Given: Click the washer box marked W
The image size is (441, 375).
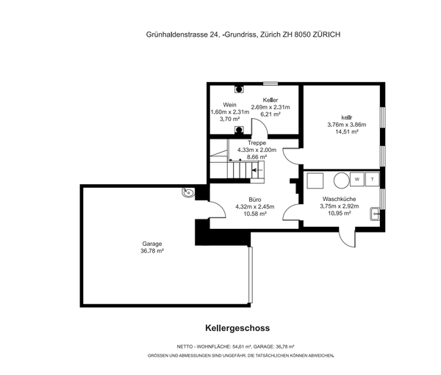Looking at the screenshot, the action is click(x=357, y=179).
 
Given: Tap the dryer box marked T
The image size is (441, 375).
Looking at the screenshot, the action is click(x=373, y=179).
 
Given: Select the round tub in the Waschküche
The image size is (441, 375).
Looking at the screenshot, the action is click(x=342, y=181).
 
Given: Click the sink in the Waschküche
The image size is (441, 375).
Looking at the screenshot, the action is click(x=375, y=214).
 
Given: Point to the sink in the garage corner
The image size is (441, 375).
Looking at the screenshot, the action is click(x=188, y=192).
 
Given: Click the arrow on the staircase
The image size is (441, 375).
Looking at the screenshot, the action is click(x=257, y=170).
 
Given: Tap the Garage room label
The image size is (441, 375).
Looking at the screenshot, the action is click(x=152, y=244).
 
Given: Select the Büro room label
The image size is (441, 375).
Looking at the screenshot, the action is click(x=255, y=200).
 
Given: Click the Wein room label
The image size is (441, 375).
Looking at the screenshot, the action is click(x=229, y=105).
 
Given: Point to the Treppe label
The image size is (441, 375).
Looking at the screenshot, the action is click(x=257, y=142).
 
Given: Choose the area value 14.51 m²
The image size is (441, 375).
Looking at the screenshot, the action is click(x=347, y=132).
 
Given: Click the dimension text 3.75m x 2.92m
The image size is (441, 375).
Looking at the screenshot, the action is click(x=339, y=206).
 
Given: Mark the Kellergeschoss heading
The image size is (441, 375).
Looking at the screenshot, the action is click(x=237, y=328).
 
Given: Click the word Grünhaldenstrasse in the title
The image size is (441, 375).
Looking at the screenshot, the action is click(x=177, y=34).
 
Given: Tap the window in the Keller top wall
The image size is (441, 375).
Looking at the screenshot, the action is click(x=270, y=84).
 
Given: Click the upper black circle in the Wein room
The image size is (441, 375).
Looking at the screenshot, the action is click(x=239, y=89).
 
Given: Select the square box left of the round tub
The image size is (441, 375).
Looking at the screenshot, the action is click(x=315, y=181).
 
